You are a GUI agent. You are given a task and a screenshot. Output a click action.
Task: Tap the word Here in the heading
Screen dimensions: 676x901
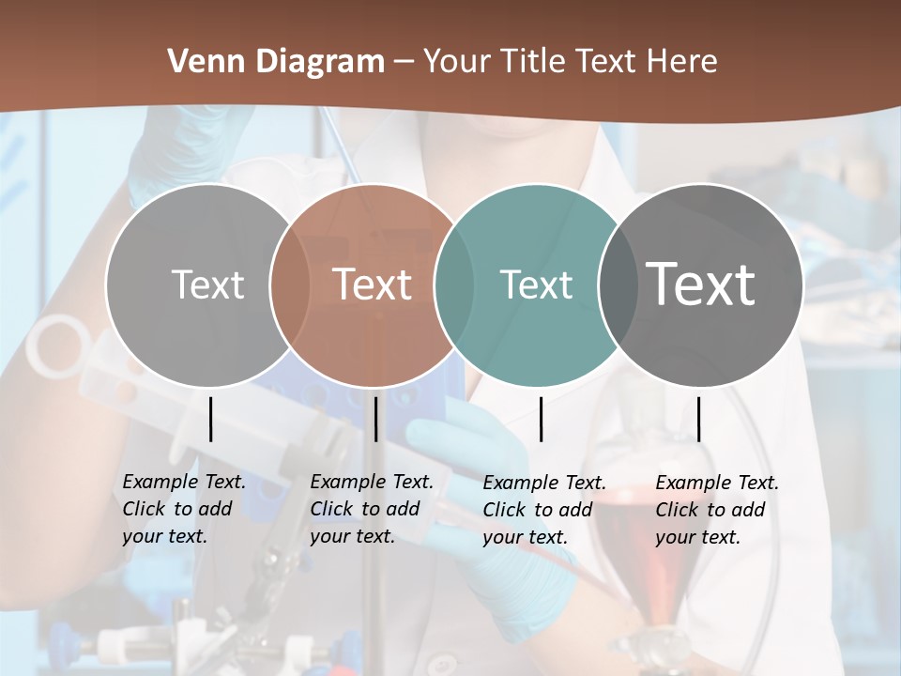[x=682, y=62]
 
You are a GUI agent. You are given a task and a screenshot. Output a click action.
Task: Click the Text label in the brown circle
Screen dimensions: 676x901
[x=373, y=284]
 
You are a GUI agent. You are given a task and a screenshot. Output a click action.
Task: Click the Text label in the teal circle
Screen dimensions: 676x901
[x=536, y=284]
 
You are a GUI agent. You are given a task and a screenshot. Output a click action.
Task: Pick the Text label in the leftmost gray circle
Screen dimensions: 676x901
[x=208, y=284]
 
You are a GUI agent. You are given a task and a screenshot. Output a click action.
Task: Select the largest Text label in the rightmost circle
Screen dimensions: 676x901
[x=701, y=284]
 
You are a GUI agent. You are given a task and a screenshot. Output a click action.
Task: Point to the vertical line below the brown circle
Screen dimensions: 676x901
[x=375, y=419]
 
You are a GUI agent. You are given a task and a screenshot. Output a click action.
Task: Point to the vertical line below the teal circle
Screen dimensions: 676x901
[x=542, y=419]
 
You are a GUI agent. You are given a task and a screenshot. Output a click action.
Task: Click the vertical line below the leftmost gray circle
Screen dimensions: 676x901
[x=210, y=419]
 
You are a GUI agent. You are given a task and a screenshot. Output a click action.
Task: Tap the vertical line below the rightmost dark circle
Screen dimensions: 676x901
[x=698, y=419]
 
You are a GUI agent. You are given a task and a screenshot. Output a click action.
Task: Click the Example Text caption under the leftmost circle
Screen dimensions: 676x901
[x=183, y=509]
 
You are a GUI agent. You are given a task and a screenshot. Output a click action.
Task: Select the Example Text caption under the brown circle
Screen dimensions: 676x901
[x=371, y=509]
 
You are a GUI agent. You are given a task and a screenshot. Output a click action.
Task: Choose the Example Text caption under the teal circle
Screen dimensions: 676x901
[x=543, y=510]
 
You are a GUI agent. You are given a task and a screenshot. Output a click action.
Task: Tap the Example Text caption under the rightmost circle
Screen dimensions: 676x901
[x=716, y=510]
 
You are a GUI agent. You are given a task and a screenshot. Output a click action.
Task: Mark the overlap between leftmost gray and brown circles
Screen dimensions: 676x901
[x=290, y=284]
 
